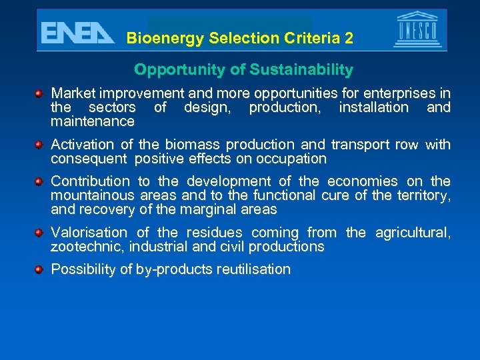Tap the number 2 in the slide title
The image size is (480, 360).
click(349, 39)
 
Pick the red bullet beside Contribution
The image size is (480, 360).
click(40, 181)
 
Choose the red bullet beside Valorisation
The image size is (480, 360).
click(40, 232)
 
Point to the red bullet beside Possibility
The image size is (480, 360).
click(40, 269)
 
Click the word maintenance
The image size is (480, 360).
click(93, 121)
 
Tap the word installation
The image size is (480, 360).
click(373, 107)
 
